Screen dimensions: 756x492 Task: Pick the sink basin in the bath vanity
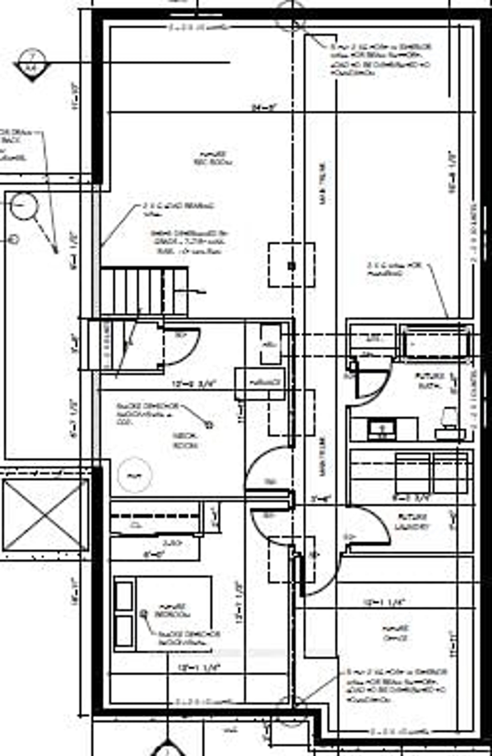[x=382, y=429]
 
